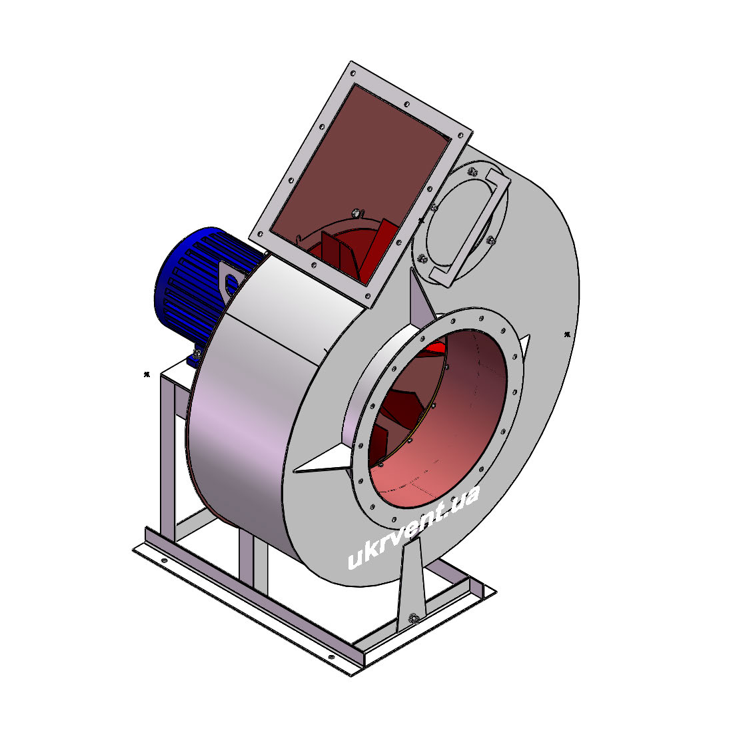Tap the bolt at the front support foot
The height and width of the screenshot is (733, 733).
[412, 618]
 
